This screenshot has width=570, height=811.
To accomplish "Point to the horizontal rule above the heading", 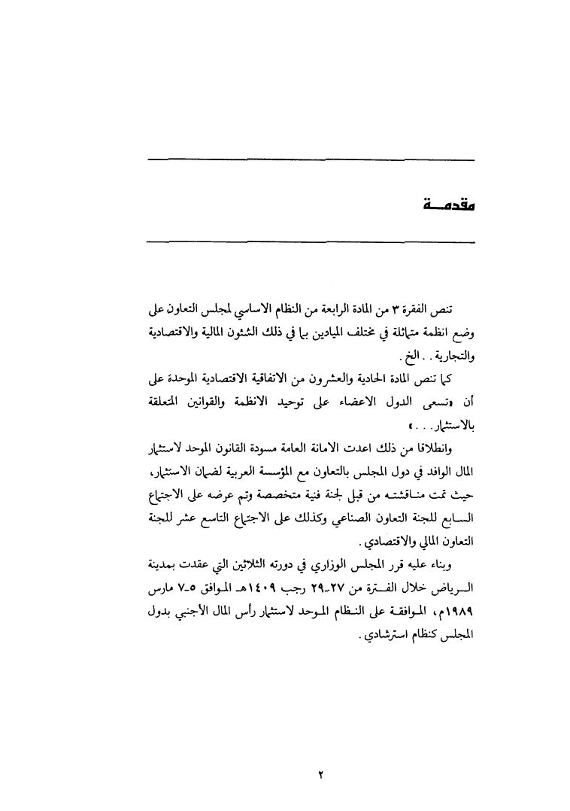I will [311, 159].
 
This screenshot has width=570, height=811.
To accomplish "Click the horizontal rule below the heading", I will [311, 241].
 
